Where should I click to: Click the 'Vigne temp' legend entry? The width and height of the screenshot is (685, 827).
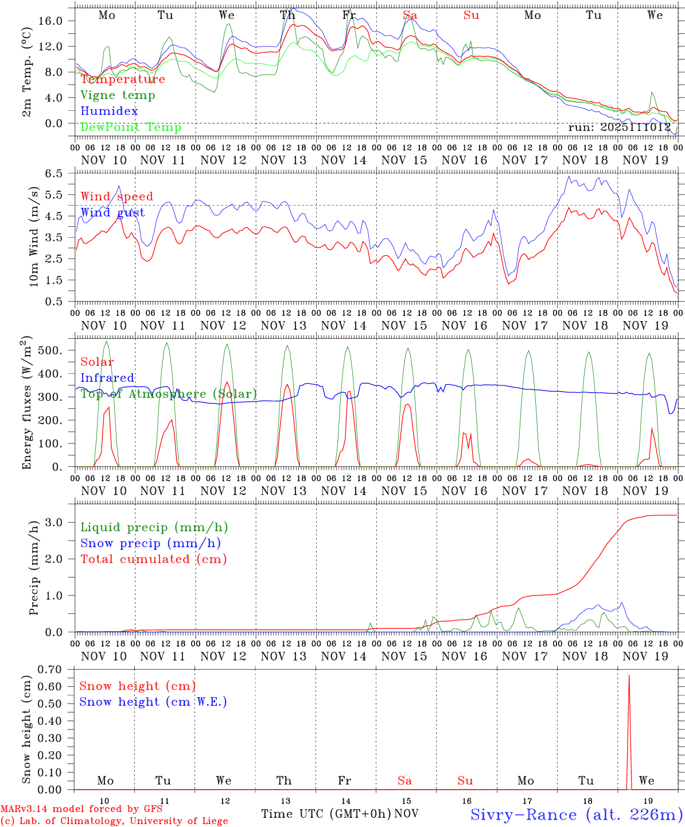[118, 95]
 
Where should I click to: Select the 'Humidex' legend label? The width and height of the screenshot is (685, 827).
[109, 111]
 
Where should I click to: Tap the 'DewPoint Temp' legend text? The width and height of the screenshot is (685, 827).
[131, 127]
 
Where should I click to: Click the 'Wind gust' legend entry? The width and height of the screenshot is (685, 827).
[112, 213]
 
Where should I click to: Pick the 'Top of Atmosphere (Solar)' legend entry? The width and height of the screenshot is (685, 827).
[169, 394]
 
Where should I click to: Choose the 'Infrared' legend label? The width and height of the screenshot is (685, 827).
[107, 378]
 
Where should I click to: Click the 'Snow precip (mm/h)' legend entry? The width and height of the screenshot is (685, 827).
[150, 543]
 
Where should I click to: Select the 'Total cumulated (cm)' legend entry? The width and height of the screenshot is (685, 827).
[154, 559]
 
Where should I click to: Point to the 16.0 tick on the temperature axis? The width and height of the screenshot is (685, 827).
[57, 21]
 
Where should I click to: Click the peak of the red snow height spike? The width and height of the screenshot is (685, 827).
[629, 675]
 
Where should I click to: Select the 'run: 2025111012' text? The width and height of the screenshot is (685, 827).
[620, 127]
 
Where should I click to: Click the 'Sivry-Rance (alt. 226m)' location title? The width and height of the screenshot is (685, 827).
[576, 814]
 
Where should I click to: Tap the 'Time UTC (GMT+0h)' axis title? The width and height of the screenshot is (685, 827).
[326, 814]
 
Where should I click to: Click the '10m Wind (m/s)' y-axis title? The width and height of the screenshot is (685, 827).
[34, 235]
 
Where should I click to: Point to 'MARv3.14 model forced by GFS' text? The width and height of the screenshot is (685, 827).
[81, 809]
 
